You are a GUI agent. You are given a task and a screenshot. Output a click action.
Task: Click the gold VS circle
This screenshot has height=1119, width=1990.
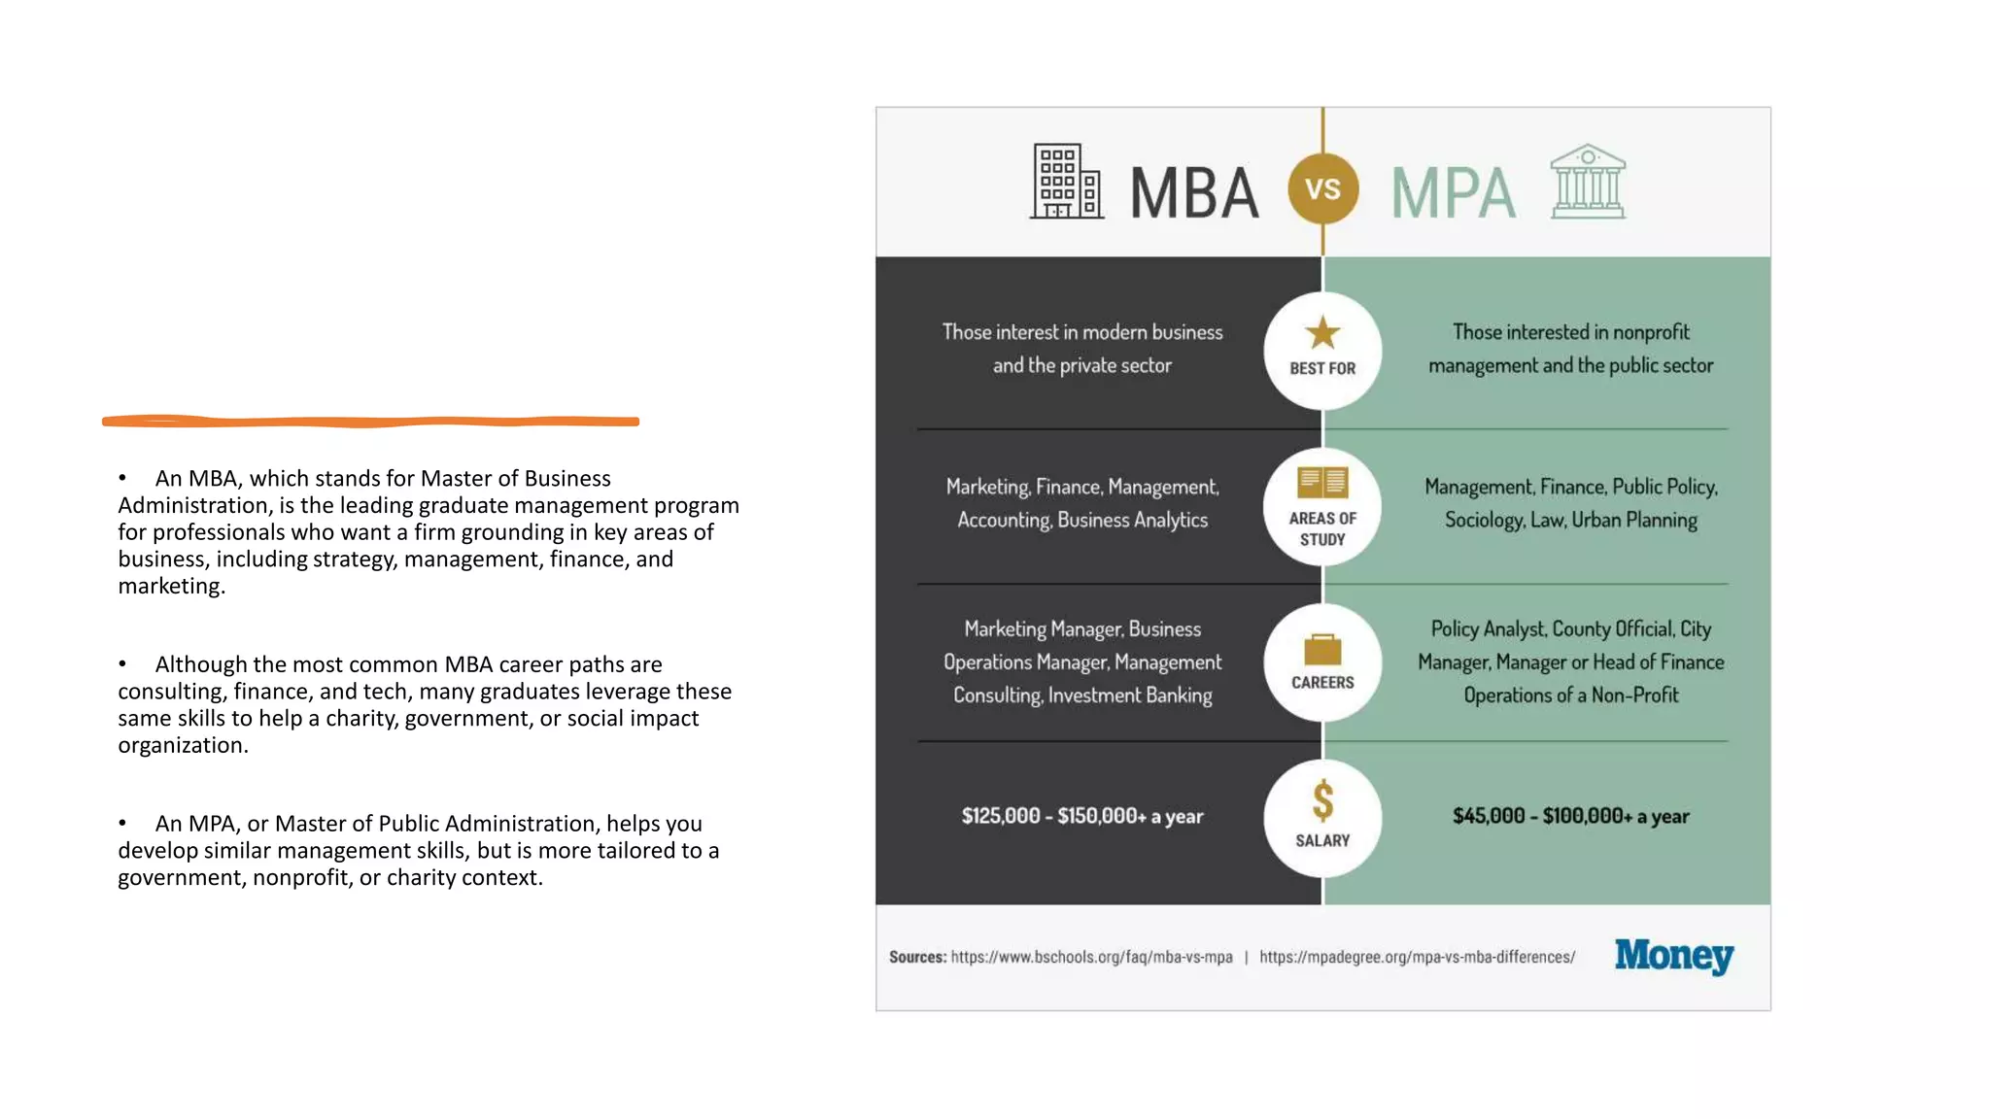(x=1322, y=189)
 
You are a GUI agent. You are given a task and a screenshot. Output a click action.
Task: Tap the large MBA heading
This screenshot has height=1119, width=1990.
(x=1194, y=193)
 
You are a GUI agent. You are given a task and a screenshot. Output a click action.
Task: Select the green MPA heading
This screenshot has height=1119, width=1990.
(x=1453, y=193)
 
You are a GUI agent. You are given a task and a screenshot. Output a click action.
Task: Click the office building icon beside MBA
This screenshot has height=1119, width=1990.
(x=1066, y=182)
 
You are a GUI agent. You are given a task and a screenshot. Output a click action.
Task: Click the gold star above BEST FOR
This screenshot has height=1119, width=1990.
(x=1322, y=333)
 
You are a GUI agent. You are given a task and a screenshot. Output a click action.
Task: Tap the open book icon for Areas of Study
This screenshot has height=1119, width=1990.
(x=1322, y=482)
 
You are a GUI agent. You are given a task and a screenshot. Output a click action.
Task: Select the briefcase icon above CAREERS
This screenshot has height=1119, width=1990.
(x=1322, y=649)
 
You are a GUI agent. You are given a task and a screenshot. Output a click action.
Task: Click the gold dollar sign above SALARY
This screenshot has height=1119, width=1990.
(x=1322, y=802)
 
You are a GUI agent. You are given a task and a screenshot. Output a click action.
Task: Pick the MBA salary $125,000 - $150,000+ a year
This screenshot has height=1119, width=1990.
(x=1082, y=816)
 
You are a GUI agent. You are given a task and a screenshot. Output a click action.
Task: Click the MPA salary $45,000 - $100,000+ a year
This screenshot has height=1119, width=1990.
(x=1570, y=816)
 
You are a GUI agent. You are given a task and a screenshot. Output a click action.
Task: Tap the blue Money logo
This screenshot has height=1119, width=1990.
(x=1673, y=956)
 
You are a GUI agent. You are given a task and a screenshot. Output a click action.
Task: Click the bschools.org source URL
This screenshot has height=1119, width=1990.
(x=1091, y=958)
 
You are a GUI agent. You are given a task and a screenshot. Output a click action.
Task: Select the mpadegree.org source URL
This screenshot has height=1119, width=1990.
(x=1417, y=958)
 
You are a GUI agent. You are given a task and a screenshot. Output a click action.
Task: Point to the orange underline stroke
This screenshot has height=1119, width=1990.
(x=370, y=422)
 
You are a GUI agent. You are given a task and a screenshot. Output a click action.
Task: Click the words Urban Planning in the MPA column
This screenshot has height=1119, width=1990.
(x=1634, y=521)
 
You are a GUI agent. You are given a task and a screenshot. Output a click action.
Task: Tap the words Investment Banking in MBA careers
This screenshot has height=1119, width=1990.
(x=1130, y=695)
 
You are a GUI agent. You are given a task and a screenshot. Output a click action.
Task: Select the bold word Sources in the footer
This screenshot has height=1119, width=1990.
(x=917, y=958)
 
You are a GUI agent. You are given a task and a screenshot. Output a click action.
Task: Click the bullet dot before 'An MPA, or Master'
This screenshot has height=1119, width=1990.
(x=122, y=824)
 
